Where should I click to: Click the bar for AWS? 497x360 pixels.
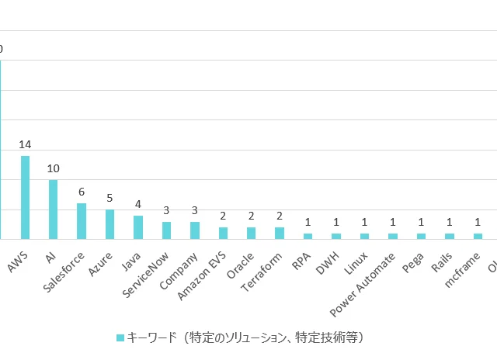(25, 197)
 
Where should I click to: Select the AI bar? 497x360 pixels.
(53, 209)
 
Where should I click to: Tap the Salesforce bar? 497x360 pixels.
(82, 221)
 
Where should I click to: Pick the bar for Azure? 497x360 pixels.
(109, 224)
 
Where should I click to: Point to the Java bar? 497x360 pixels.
(138, 227)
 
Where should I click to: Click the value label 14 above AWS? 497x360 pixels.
(25, 145)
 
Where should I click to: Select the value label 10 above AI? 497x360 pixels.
(53, 168)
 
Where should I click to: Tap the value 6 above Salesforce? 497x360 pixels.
(82, 192)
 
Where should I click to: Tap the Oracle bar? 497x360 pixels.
(251, 233)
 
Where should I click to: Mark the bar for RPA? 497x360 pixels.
(308, 236)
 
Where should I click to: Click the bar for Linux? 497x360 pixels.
(364, 236)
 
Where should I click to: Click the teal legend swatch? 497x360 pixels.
(120, 337)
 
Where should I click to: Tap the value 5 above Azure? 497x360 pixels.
(109, 198)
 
